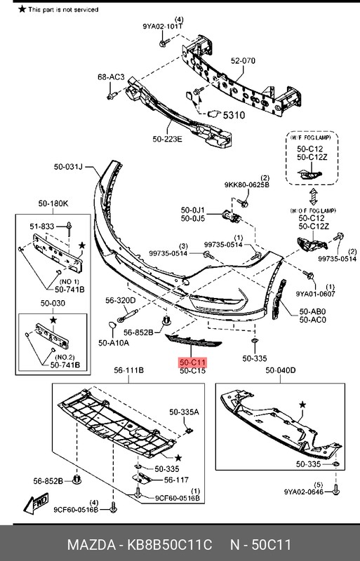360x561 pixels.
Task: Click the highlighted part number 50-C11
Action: tap(192, 362)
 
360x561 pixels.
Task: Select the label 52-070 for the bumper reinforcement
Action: tap(243, 61)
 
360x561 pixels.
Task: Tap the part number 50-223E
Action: tap(166, 140)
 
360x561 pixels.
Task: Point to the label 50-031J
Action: tap(68, 167)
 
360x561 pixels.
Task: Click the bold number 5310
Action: tap(234, 115)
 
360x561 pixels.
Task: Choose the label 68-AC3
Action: tap(110, 76)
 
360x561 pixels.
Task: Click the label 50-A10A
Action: tap(113, 344)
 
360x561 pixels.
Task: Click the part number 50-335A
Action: tap(184, 412)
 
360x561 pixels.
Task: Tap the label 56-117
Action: tap(177, 480)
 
